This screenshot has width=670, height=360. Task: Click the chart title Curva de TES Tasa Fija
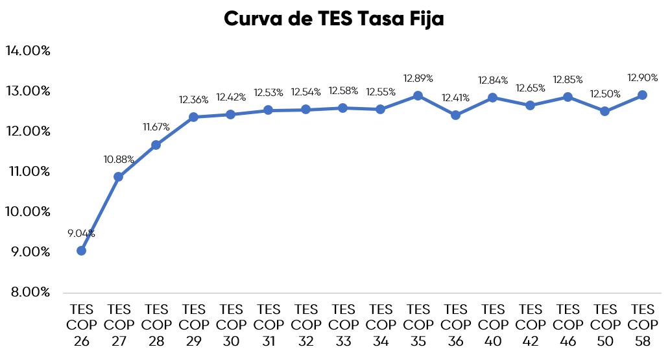click(334, 19)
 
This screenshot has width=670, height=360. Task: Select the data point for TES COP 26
click(81, 250)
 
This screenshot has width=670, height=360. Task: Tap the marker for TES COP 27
click(118, 176)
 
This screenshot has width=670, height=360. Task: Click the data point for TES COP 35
click(418, 96)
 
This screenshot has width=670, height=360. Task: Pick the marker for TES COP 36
click(455, 115)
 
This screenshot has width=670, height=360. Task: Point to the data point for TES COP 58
click(642, 95)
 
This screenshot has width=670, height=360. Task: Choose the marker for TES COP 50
click(604, 111)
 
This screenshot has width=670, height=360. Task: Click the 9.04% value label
click(81, 233)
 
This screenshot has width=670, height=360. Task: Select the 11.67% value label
click(156, 127)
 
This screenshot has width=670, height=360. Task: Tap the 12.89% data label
click(418, 78)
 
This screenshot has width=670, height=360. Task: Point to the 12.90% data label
click(642, 77)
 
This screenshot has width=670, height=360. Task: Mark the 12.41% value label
click(455, 97)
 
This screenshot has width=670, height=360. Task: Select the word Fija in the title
click(426, 19)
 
